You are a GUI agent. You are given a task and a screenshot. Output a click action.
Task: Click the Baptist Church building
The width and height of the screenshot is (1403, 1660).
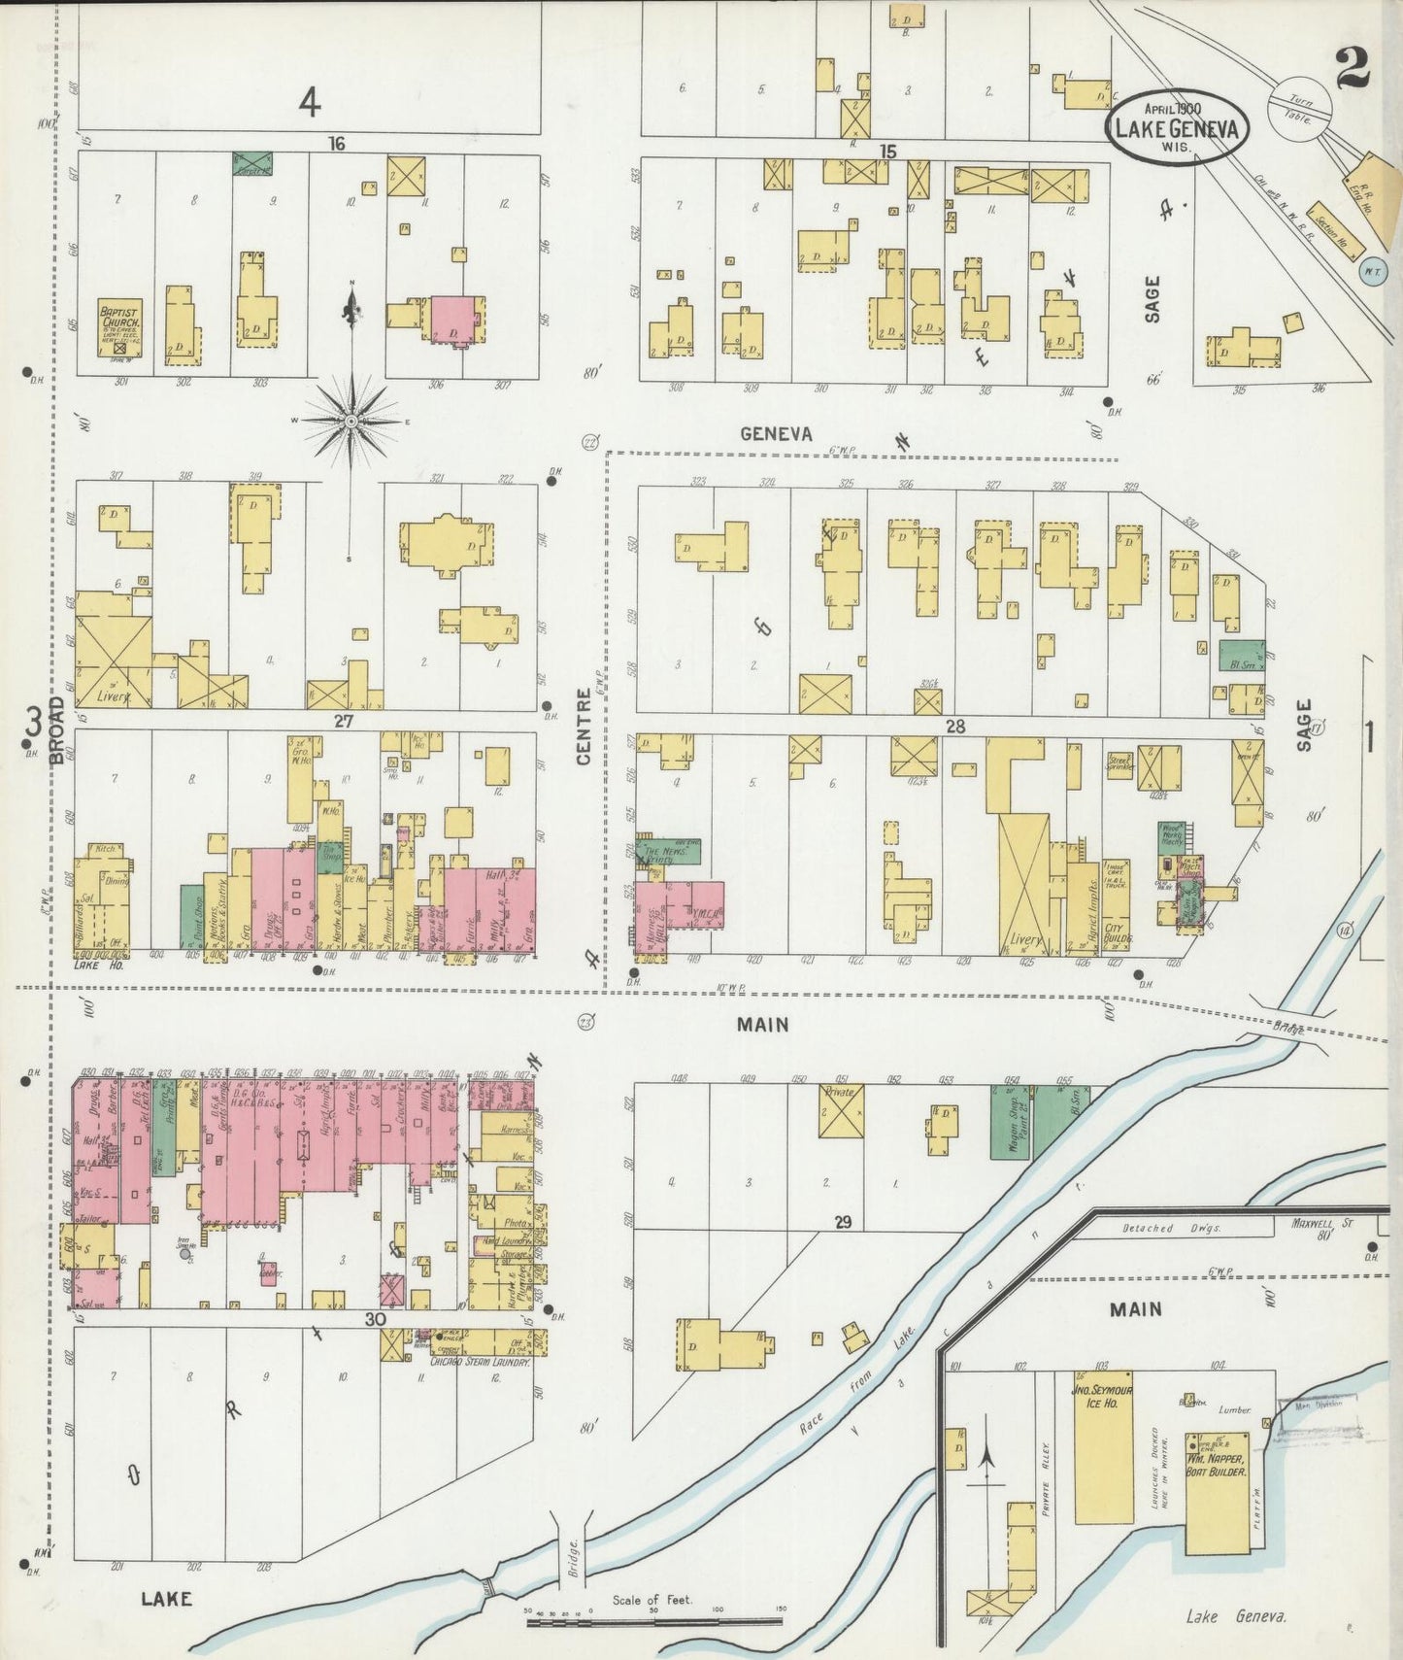pyautogui.click(x=120, y=327)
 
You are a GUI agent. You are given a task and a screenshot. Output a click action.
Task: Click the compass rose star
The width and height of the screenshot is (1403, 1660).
pyautogui.click(x=351, y=421)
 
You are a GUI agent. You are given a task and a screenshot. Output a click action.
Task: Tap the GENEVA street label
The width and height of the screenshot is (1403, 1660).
pyautogui.click(x=776, y=434)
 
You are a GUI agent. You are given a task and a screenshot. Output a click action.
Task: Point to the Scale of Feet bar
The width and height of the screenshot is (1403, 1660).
pyautogui.click(x=653, y=1620)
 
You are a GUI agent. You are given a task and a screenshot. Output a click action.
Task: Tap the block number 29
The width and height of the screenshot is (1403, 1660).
pyautogui.click(x=842, y=1222)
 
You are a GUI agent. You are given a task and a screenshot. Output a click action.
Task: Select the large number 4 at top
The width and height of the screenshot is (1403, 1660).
pyautogui.click(x=309, y=101)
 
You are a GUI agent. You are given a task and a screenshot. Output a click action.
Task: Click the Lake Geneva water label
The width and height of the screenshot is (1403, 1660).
pyautogui.click(x=1236, y=1616)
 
